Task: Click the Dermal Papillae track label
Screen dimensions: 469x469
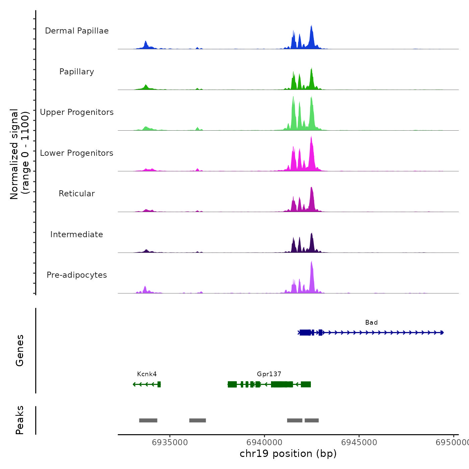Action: tap(77, 31)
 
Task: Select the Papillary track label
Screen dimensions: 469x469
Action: tap(77, 72)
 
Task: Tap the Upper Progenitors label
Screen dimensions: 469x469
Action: tap(77, 112)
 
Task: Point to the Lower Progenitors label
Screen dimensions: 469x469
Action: tap(77, 153)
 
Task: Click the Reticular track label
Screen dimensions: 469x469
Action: tap(77, 194)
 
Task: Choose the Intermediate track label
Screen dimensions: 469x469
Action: tap(77, 234)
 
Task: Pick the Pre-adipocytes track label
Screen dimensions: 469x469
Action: tap(77, 275)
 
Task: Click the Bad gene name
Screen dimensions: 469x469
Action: tap(371, 323)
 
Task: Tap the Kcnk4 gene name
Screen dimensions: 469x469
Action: tap(147, 374)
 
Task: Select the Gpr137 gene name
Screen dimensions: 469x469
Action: tap(269, 374)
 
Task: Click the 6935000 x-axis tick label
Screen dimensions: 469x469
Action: tap(170, 443)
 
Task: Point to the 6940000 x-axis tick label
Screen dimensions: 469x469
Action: tap(264, 443)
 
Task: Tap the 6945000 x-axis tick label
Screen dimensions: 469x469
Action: tap(359, 443)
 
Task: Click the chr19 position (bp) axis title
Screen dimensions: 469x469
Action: tap(288, 454)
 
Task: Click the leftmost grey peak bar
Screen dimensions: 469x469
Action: tap(148, 420)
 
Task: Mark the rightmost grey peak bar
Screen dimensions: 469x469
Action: tap(312, 420)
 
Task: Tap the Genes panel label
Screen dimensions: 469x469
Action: tap(20, 350)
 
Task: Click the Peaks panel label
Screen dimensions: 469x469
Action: tap(20, 420)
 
